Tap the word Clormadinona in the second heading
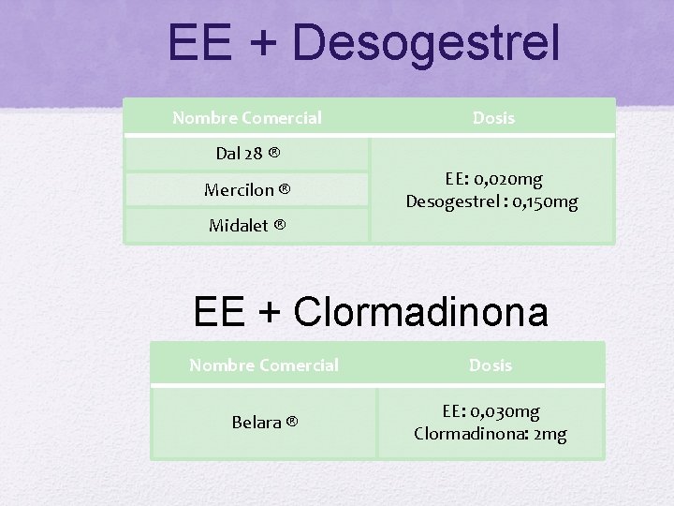click(420, 312)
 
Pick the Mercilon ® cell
click(247, 190)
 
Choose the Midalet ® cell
click(247, 226)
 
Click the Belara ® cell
click(264, 423)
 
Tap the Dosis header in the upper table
click(493, 118)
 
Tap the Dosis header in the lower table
click(491, 365)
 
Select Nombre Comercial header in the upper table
click(247, 118)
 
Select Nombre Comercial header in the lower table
click(264, 365)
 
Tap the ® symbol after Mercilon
click(283, 190)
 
